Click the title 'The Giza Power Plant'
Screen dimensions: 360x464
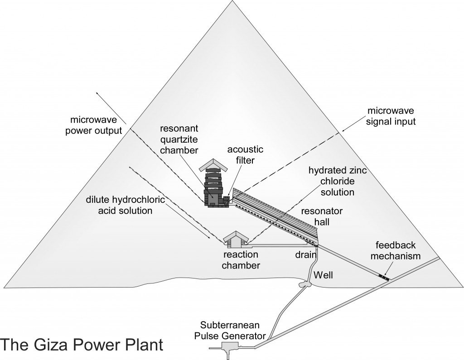[x=81, y=343]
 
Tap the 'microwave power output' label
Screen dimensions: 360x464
[x=96, y=125]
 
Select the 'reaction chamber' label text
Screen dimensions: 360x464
[x=240, y=260]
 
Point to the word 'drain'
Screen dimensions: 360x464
[x=305, y=254]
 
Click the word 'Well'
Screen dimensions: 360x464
[x=324, y=274]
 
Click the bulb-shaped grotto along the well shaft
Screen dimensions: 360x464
[x=304, y=284]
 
